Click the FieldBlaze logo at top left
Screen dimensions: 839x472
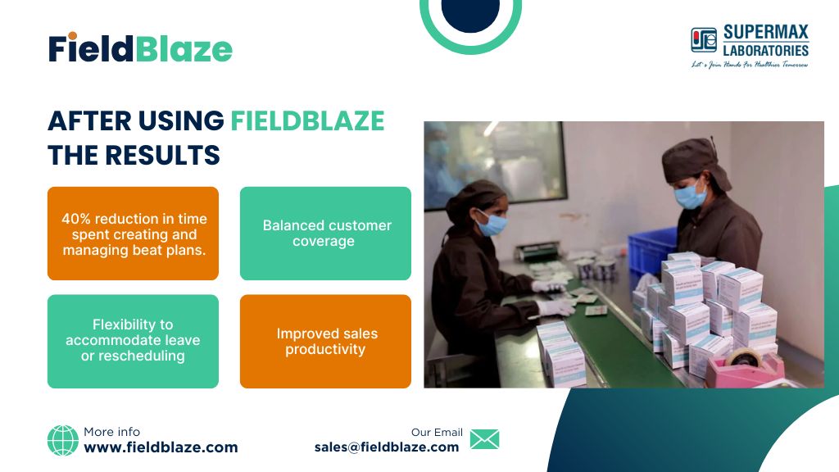tap(140, 48)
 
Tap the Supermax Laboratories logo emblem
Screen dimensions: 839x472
tap(704, 40)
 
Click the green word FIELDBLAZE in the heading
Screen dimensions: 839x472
tap(308, 121)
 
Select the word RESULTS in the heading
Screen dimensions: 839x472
tap(163, 156)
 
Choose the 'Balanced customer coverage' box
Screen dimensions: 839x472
tap(325, 234)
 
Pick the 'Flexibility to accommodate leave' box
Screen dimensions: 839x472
tap(134, 342)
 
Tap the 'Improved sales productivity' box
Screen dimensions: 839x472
tap(325, 342)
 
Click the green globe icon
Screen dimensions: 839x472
tap(62, 440)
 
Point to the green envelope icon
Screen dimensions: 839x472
tap(485, 439)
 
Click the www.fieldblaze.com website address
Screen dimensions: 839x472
tap(161, 447)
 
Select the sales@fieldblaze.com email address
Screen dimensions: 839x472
tap(387, 447)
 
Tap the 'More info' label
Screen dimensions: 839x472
tap(111, 432)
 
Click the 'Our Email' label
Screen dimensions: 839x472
tap(437, 433)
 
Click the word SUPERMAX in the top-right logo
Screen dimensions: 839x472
tap(766, 32)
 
